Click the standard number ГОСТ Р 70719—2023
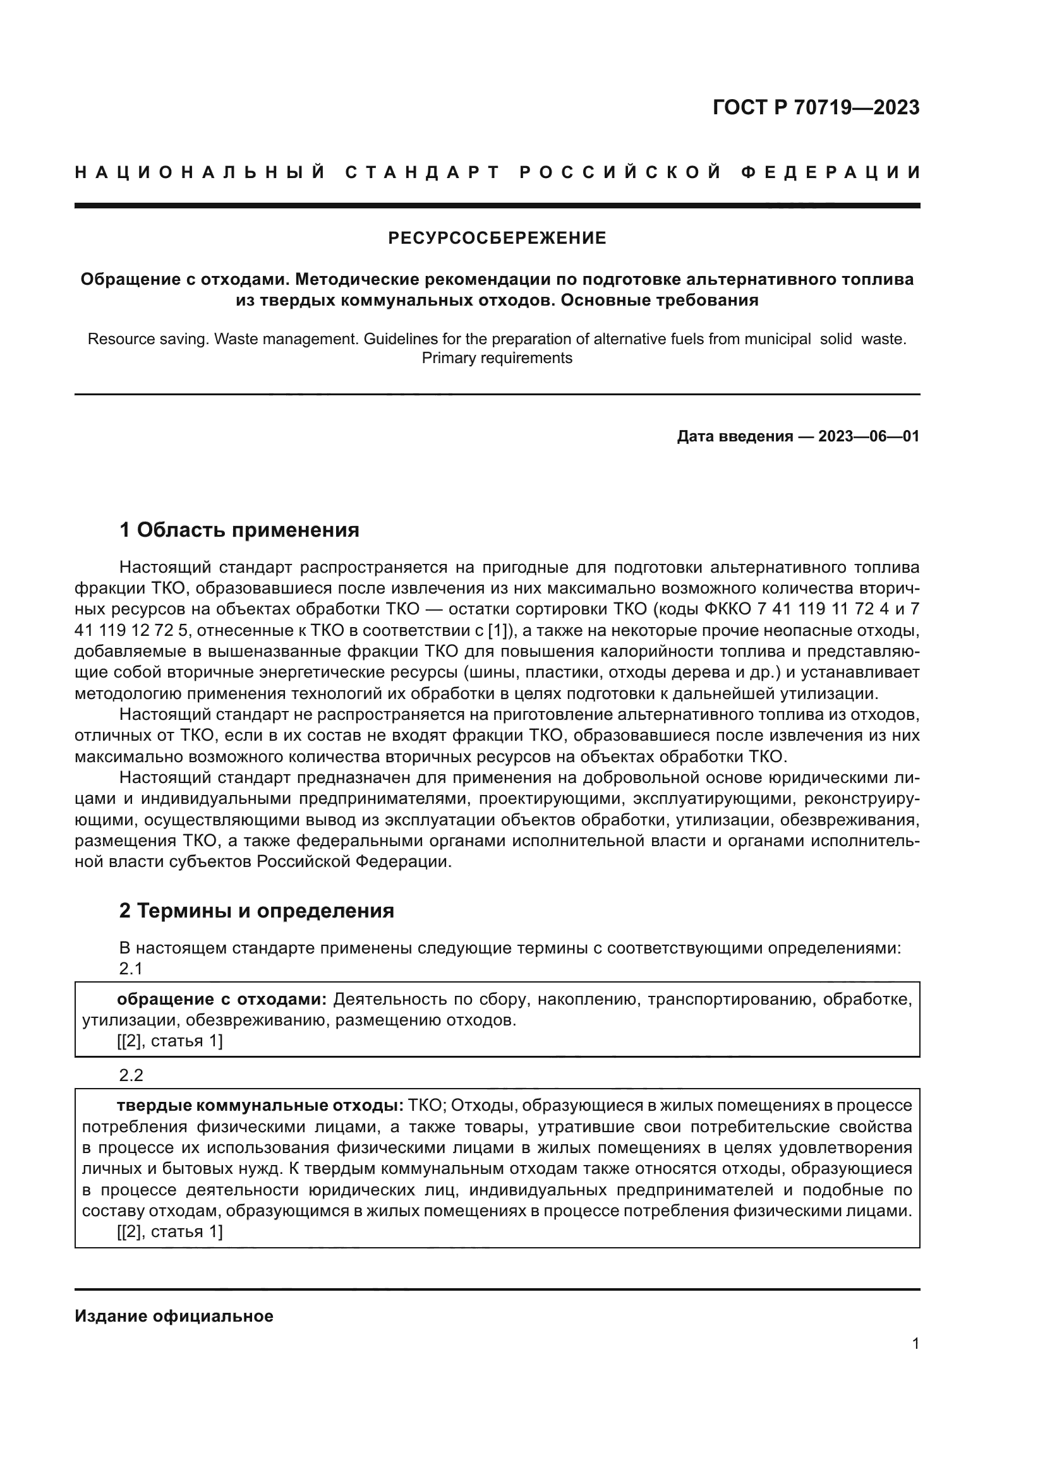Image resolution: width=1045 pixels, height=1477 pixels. tap(816, 107)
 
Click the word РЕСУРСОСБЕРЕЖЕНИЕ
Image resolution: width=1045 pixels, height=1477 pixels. tap(497, 239)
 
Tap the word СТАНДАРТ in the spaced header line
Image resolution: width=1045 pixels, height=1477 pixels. tap(422, 172)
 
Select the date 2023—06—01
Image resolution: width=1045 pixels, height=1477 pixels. tap(869, 437)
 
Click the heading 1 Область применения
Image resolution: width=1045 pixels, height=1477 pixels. tap(239, 530)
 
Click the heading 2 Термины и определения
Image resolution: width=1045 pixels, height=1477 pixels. tap(256, 911)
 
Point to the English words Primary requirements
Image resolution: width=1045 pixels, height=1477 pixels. tap(497, 358)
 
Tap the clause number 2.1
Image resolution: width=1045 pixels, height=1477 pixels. tap(131, 969)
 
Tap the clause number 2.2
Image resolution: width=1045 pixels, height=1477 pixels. tap(131, 1075)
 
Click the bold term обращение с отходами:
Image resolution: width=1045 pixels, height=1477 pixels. tap(222, 999)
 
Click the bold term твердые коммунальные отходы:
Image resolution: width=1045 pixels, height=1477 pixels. tap(260, 1105)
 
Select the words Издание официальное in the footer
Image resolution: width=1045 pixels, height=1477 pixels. tap(174, 1316)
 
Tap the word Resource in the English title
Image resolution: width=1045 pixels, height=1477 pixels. tap(116, 339)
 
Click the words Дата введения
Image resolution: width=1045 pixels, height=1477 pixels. tap(734, 437)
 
